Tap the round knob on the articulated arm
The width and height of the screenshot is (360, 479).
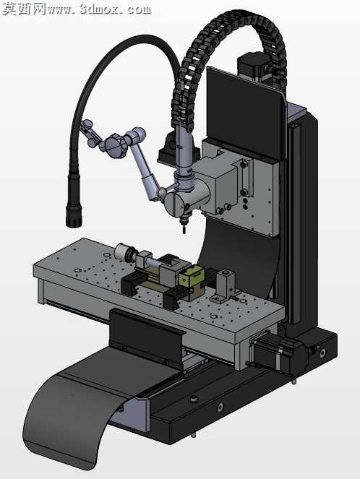(115, 146)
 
